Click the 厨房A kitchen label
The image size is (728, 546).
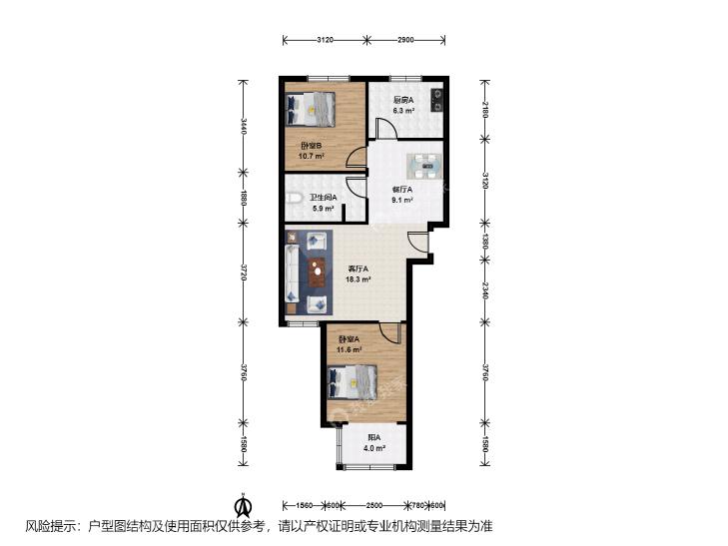click(402, 100)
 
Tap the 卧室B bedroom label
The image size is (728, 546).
click(310, 146)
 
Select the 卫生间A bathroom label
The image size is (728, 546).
click(322, 198)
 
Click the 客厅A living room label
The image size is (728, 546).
click(359, 269)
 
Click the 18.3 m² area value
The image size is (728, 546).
click(359, 280)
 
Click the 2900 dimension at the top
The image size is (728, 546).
click(405, 41)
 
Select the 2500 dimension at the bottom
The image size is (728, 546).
click(374, 504)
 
